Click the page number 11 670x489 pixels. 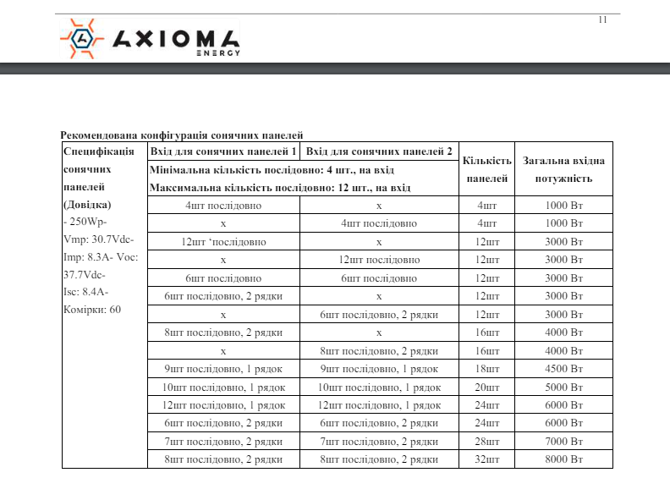pos(603,20)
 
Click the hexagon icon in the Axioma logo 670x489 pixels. pos(81,40)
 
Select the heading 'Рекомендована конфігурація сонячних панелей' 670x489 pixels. pos(182,135)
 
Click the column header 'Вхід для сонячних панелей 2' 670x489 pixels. pos(379,151)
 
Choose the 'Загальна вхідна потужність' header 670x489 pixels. pos(563,169)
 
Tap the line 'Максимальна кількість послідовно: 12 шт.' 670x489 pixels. pos(280,187)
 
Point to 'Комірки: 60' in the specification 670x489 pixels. pos(92,310)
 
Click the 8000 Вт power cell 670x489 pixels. pos(564,459)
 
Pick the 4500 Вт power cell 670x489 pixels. pos(564,369)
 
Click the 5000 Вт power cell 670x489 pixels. pos(564,387)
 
